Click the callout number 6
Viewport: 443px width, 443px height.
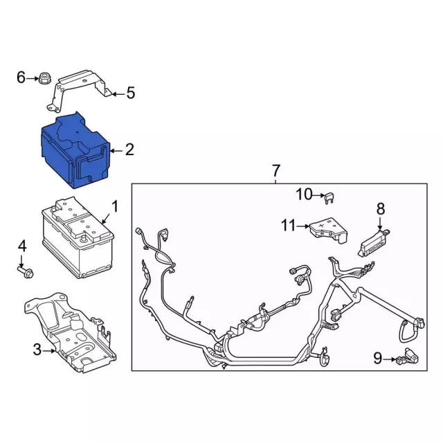[21, 77]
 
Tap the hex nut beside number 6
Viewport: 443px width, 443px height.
[44, 78]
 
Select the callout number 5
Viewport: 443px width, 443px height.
[130, 93]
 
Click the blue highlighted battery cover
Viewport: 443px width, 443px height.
[75, 150]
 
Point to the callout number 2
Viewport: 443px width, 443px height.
[129, 150]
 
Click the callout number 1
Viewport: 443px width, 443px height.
[115, 206]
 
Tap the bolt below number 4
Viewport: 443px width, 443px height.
[26, 272]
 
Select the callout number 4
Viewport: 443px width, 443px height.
[22, 246]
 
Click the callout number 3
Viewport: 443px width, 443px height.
[37, 350]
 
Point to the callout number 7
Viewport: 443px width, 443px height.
[275, 171]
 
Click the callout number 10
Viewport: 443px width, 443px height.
[305, 195]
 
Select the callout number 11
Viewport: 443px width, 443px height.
[289, 226]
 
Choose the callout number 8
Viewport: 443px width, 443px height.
[381, 209]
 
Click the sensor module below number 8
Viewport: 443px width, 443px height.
[373, 243]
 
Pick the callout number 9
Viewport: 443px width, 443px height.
[378, 359]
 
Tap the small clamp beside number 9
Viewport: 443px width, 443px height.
[407, 358]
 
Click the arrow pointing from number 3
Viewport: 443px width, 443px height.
[49, 351]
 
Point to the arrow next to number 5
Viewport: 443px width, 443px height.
[118, 94]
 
